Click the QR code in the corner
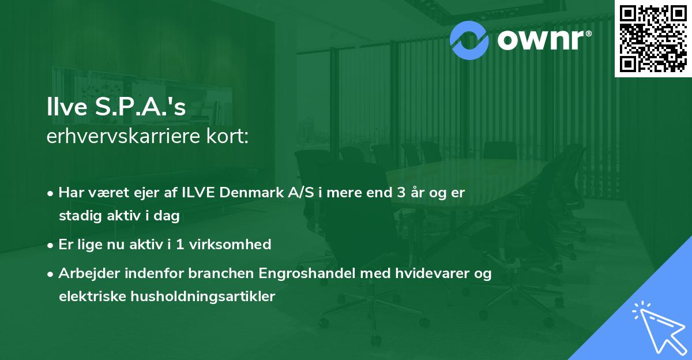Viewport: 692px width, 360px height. pyautogui.click(x=653, y=38)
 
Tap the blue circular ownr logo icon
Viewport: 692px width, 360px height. pyautogui.click(x=469, y=40)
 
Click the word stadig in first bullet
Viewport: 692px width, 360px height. pyautogui.click(x=78, y=216)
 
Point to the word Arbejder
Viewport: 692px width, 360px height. pyautogui.click(x=86, y=273)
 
